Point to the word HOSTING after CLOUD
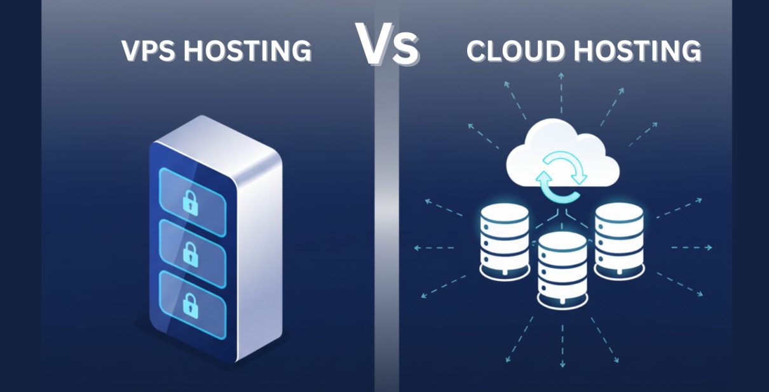[637, 51]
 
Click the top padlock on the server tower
[189, 203]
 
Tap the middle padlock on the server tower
[189, 253]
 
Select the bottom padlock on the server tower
[189, 303]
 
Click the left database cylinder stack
[504, 240]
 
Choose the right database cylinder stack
[619, 240]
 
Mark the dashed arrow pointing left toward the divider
[432, 247]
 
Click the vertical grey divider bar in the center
[386, 222]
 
